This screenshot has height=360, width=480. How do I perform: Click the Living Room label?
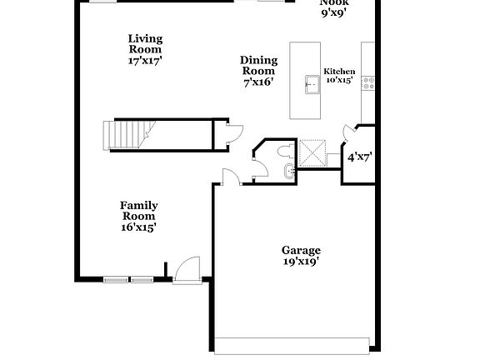pos(145,44)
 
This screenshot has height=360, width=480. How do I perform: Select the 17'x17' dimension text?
pos(145,61)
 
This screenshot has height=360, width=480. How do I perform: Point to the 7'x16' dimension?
pos(258,82)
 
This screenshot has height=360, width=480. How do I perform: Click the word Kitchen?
pos(339,72)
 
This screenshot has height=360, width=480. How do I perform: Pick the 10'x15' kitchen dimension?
pos(339,80)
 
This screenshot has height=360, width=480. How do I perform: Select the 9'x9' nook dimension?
pos(332,12)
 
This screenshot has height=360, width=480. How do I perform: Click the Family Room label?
pos(138,211)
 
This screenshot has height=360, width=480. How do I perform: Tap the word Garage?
pos(300,250)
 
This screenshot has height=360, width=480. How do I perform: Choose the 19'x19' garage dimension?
pos(300,262)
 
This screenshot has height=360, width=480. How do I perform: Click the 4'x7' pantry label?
pos(359,156)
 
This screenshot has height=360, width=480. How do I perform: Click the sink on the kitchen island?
pos(312,83)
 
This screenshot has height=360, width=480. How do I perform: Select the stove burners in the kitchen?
pos(369,82)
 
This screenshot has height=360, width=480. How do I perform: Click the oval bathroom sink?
pos(288,172)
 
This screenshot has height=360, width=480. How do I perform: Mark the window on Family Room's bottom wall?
pos(128,279)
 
